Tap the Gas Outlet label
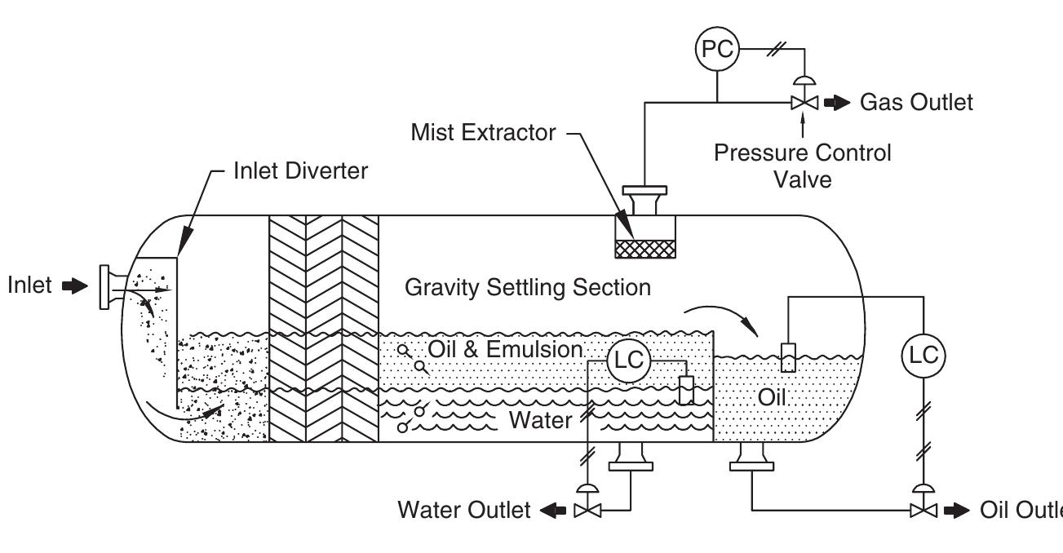click(915, 103)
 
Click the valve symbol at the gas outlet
click(804, 104)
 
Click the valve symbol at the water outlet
click(583, 511)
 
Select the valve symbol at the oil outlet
click(922, 511)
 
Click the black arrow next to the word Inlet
click(73, 287)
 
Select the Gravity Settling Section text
click(528, 287)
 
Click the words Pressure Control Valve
click(803, 166)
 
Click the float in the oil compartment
click(787, 357)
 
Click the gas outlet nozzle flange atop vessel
click(644, 196)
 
